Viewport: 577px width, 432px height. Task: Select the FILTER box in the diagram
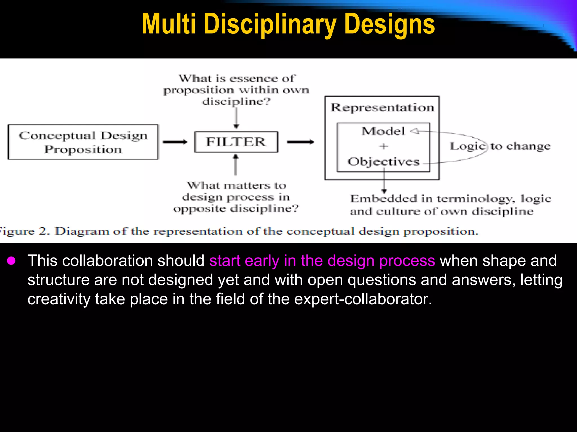pyautogui.click(x=236, y=142)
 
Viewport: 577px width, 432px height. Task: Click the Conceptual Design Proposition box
pyautogui.click(x=83, y=142)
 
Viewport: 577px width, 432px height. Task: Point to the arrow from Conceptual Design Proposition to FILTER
pyautogui.click(x=175, y=142)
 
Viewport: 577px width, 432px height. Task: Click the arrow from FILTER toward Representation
pyautogui.click(x=300, y=142)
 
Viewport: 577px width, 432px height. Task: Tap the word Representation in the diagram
pyautogui.click(x=382, y=108)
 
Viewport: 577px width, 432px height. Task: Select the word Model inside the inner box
pyautogui.click(x=383, y=131)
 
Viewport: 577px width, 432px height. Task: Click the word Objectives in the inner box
pyautogui.click(x=383, y=162)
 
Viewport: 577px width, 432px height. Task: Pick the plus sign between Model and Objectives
pyautogui.click(x=383, y=146)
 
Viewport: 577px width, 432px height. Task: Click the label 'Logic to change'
pyautogui.click(x=500, y=146)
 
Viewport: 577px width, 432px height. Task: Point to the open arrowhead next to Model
pyautogui.click(x=414, y=131)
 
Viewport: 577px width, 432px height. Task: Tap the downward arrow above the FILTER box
pyautogui.click(x=236, y=118)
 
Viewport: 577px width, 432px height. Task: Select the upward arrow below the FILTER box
pyautogui.click(x=236, y=165)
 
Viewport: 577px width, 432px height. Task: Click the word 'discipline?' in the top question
pyautogui.click(x=236, y=102)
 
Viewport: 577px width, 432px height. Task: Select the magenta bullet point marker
pyautogui.click(x=12, y=261)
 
